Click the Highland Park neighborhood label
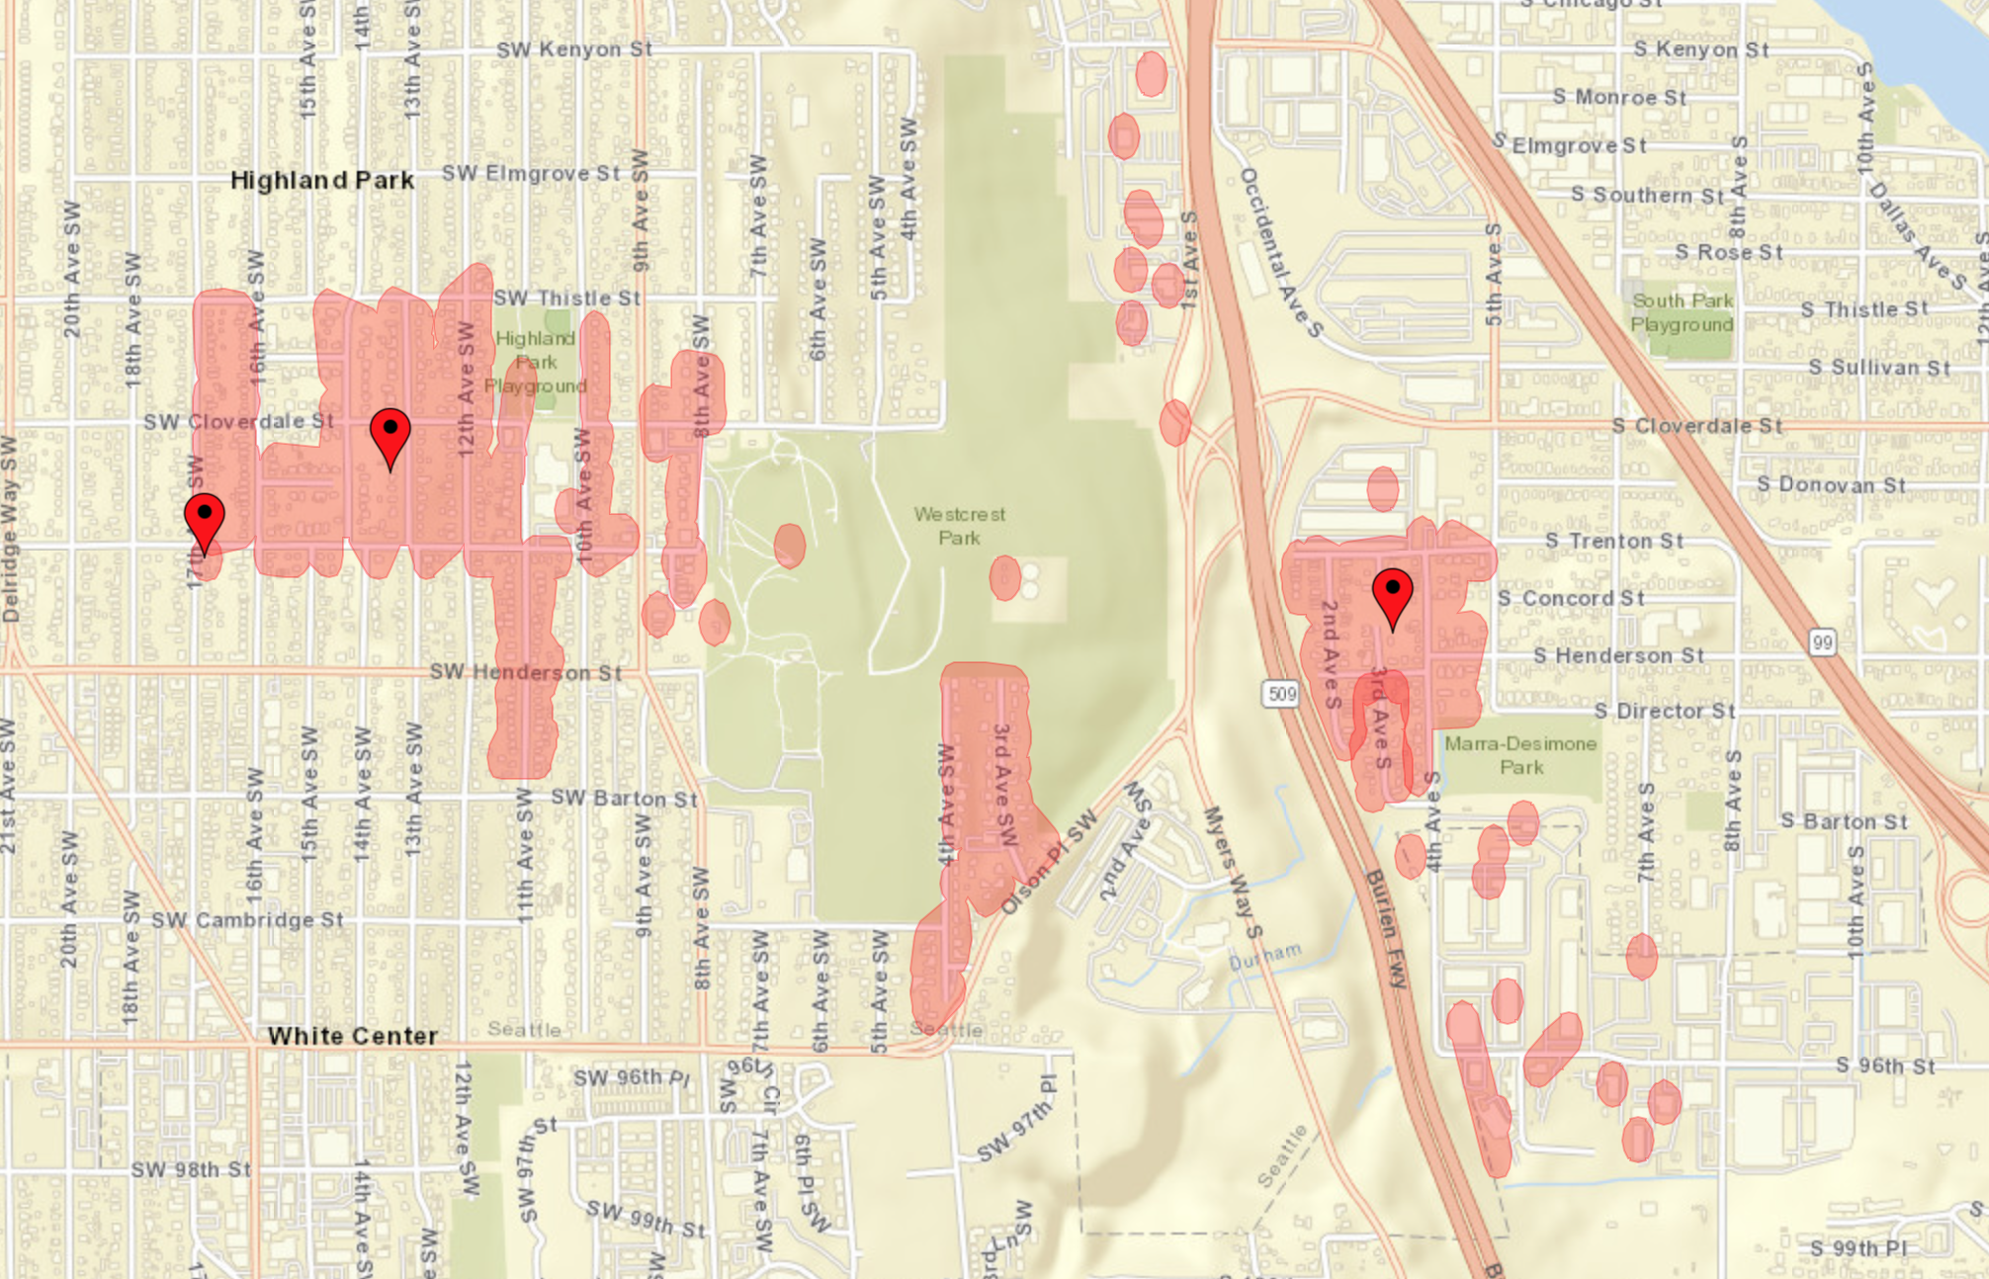(x=322, y=180)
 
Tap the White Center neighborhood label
(x=353, y=1036)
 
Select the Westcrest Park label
(x=959, y=526)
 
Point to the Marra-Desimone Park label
(x=1520, y=755)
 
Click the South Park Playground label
(x=1682, y=312)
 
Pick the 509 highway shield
(x=1281, y=694)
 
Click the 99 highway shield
(x=1822, y=642)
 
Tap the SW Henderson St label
(x=525, y=672)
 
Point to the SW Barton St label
(x=624, y=798)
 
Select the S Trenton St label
(x=1613, y=541)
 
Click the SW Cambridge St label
(x=247, y=920)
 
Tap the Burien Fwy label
(x=1385, y=928)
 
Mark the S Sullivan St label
(x=1878, y=368)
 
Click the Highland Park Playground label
(x=535, y=362)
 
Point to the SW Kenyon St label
(x=573, y=49)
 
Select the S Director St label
(x=1666, y=711)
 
